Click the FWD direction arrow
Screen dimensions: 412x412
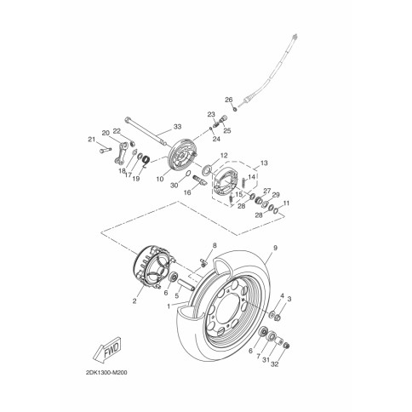pos(106,350)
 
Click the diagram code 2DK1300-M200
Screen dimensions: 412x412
pos(106,373)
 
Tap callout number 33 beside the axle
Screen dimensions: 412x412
pos(177,127)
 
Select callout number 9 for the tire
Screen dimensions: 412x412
pos(275,248)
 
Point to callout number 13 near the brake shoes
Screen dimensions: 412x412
pos(264,163)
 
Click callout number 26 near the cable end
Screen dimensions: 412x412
pos(229,100)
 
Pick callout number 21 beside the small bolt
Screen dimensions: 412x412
pos(91,139)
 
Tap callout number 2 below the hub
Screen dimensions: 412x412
pos(134,300)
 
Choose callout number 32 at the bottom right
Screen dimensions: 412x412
pos(275,364)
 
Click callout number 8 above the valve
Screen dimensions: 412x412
pos(215,245)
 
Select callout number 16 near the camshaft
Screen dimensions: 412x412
pos(187,192)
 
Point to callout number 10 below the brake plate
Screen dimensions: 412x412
pos(160,179)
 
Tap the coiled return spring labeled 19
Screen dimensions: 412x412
pos(146,161)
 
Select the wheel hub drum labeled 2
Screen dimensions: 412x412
pos(152,268)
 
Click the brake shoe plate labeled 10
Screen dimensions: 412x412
pos(182,154)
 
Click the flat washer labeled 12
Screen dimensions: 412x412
pos(206,170)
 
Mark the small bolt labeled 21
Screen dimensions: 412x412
pos(106,150)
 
